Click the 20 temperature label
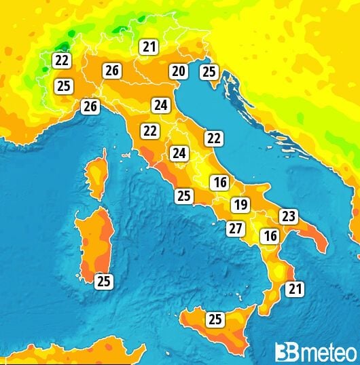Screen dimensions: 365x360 [179, 71]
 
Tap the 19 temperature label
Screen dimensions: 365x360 [239, 205]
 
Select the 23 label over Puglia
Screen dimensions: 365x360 [289, 216]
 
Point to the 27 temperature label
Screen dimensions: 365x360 [236, 229]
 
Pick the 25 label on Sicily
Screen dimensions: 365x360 [215, 319]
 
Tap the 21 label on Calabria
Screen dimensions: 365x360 [294, 290]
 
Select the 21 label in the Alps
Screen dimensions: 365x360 [149, 47]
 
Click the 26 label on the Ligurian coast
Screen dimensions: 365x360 [90, 107]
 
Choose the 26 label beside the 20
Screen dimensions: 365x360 [112, 70]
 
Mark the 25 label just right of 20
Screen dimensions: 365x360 [209, 71]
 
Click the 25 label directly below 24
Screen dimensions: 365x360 [183, 196]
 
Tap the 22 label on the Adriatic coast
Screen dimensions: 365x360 [214, 138]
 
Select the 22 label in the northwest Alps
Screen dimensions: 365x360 [62, 60]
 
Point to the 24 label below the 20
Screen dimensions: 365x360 [160, 105]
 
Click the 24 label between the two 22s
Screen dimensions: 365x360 [179, 153]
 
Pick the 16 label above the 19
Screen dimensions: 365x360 [219, 182]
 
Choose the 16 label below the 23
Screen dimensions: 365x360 [270, 236]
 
